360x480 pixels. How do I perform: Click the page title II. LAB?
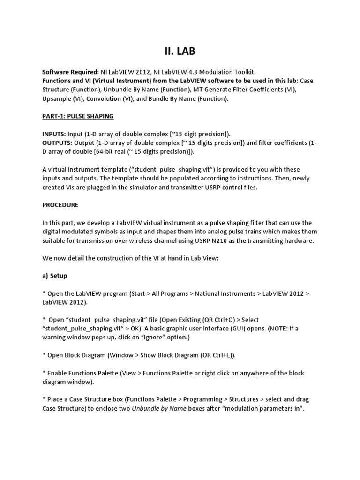[180, 51]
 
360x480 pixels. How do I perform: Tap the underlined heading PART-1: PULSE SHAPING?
[78, 116]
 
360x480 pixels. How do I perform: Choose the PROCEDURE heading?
[60, 205]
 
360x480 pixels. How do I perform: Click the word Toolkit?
[244, 72]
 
